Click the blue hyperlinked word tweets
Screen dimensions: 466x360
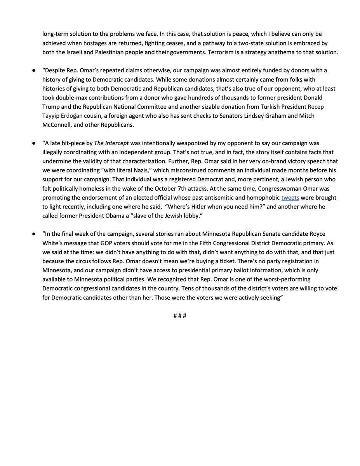(290, 198)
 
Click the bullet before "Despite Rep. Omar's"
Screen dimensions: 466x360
(35, 70)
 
